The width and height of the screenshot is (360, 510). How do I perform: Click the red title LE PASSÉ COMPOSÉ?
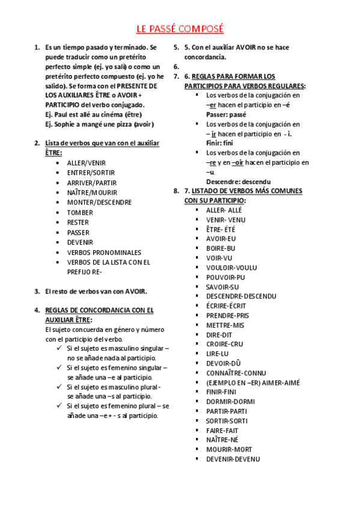tap(180, 29)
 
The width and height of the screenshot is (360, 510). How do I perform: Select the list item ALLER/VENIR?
tap(86, 163)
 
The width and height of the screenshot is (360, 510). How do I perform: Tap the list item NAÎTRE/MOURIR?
tap(92, 192)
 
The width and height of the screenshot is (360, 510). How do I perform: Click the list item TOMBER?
tap(80, 212)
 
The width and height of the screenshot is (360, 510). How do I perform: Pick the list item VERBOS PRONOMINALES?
tap(104, 252)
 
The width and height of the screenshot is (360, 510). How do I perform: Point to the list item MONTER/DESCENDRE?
tap(99, 203)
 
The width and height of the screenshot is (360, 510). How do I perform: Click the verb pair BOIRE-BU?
tap(221, 248)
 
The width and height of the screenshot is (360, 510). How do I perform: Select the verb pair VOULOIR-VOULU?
tap(231, 267)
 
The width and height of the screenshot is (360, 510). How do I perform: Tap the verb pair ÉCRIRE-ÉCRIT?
tap(226, 306)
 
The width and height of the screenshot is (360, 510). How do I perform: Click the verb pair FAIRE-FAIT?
tap(222, 430)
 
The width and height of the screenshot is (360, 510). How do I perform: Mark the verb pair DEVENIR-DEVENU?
tap(233, 459)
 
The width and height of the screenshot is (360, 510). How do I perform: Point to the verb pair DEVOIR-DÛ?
tap(222, 363)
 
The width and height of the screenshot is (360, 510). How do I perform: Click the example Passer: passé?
tap(226, 114)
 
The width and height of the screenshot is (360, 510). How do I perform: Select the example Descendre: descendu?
tap(238, 182)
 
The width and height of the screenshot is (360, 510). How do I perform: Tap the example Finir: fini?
tap(219, 143)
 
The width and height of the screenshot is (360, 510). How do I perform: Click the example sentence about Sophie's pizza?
tap(99, 124)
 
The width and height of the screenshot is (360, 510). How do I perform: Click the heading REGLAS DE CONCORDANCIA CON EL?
tap(99, 310)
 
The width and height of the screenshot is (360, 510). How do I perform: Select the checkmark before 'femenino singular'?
tap(59, 367)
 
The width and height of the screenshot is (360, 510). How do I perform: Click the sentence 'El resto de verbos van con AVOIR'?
tap(96, 291)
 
